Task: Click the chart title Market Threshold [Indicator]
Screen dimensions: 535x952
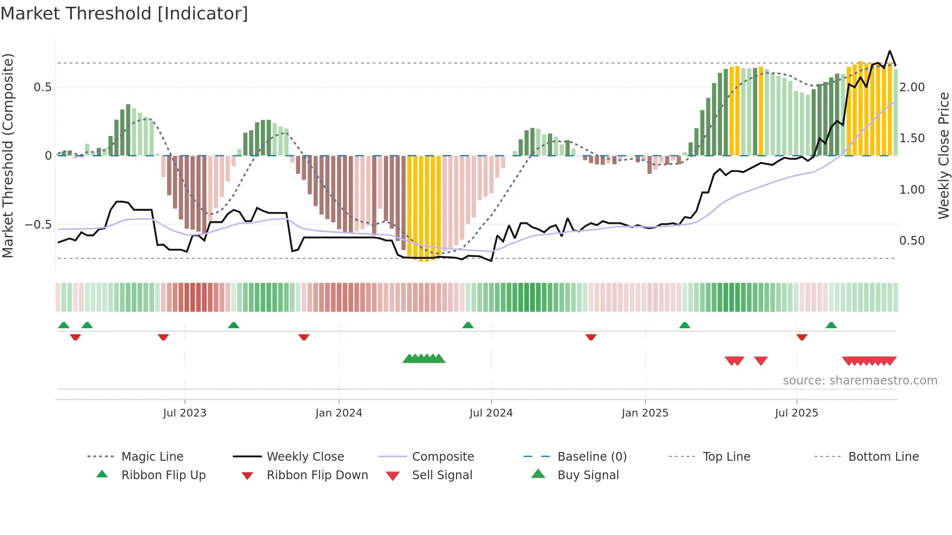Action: (x=124, y=14)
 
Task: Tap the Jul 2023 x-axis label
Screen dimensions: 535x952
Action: (x=185, y=413)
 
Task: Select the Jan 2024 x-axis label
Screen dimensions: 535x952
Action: (x=339, y=413)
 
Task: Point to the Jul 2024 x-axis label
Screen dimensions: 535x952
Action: (x=491, y=413)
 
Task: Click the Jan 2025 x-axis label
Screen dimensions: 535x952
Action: (x=645, y=413)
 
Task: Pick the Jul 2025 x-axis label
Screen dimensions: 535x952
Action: (x=797, y=413)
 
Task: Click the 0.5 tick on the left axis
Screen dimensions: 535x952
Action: (x=43, y=87)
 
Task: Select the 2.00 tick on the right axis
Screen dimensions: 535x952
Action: (x=912, y=87)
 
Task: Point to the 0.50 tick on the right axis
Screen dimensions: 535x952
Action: (x=912, y=241)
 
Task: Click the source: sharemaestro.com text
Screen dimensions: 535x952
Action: (x=860, y=381)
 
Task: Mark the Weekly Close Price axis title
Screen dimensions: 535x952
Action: (x=943, y=155)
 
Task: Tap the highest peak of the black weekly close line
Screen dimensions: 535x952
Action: (x=890, y=51)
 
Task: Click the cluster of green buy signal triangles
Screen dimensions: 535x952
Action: (x=424, y=359)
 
